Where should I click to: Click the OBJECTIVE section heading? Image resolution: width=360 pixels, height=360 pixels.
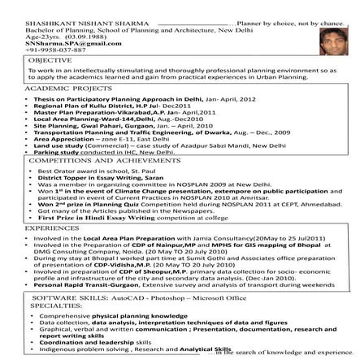(27, 37)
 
